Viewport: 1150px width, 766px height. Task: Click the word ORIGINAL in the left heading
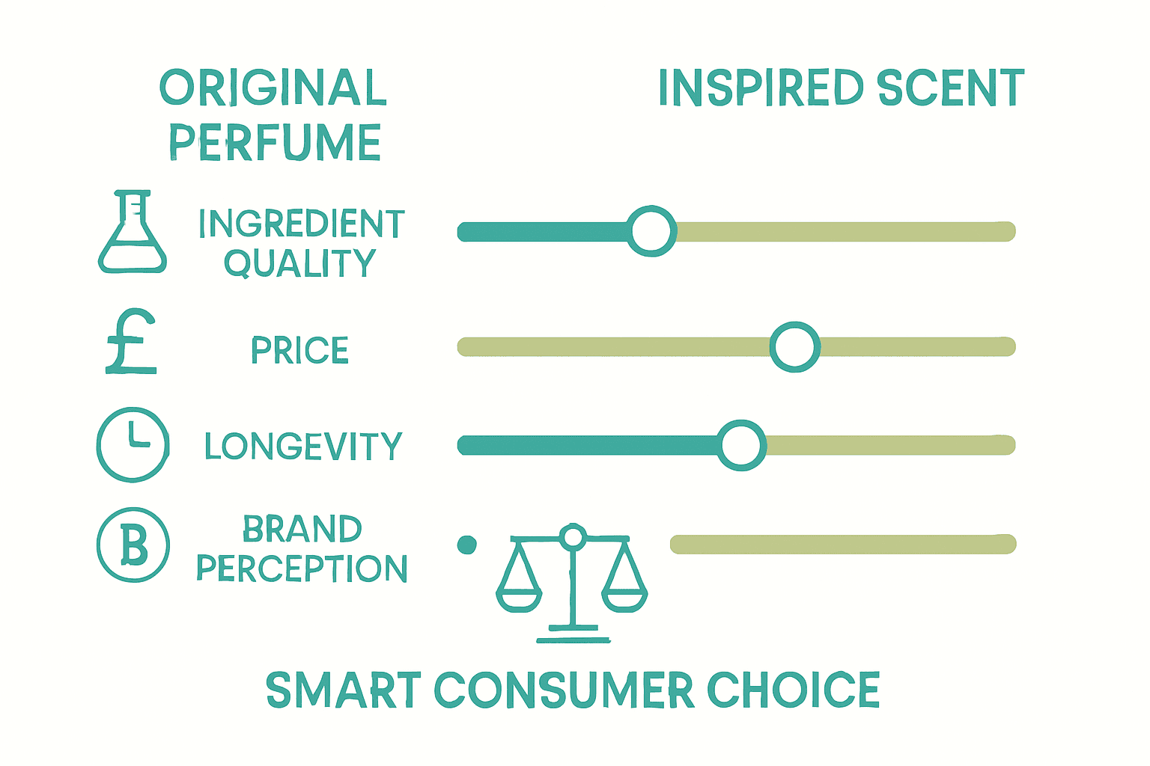273,88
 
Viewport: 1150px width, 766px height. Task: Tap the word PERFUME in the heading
274,142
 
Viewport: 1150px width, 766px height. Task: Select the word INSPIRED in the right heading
761,88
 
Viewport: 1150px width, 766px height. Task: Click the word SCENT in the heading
950,88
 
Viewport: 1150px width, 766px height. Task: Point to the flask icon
133,233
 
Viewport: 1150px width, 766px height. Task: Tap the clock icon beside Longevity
133,444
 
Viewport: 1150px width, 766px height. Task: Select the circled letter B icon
133,545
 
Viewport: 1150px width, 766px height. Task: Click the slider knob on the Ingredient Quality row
651,231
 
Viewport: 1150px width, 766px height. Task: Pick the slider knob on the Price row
795,346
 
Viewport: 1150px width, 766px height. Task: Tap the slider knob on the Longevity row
741,445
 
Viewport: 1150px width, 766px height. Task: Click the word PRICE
299,350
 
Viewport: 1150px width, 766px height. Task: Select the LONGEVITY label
303,447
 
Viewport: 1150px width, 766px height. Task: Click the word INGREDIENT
301,223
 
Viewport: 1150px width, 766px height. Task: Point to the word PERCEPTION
302,569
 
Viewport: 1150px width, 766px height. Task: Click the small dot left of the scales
466,545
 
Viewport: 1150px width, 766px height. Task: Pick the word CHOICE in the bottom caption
794,690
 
